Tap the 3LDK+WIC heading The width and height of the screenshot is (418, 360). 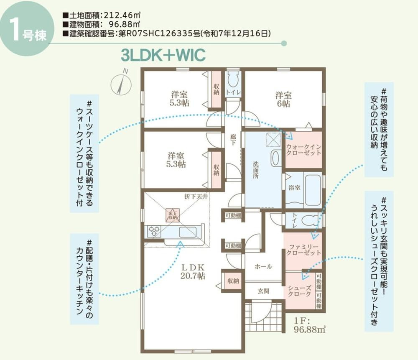(163, 55)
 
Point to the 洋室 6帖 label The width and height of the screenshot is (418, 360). (283, 99)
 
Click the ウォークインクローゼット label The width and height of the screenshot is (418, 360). (303, 149)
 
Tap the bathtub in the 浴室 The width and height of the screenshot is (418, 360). (312, 190)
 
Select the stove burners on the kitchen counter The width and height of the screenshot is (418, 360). (154, 231)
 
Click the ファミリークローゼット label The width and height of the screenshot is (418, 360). (303, 250)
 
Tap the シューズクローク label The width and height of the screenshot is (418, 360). (300, 291)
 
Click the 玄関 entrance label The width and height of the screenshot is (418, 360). (263, 291)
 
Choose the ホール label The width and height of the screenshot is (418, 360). (263, 266)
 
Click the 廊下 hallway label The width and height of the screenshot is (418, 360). (233, 139)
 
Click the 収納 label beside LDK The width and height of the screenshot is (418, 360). (232, 281)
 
